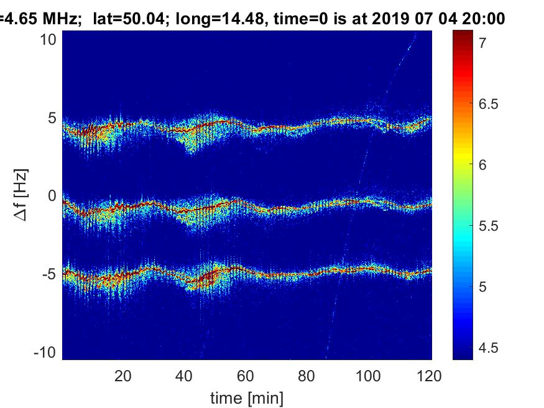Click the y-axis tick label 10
click(49, 39)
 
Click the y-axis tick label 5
click(53, 118)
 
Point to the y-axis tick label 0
click(53, 196)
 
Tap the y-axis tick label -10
click(46, 353)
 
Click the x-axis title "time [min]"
click(247, 396)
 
